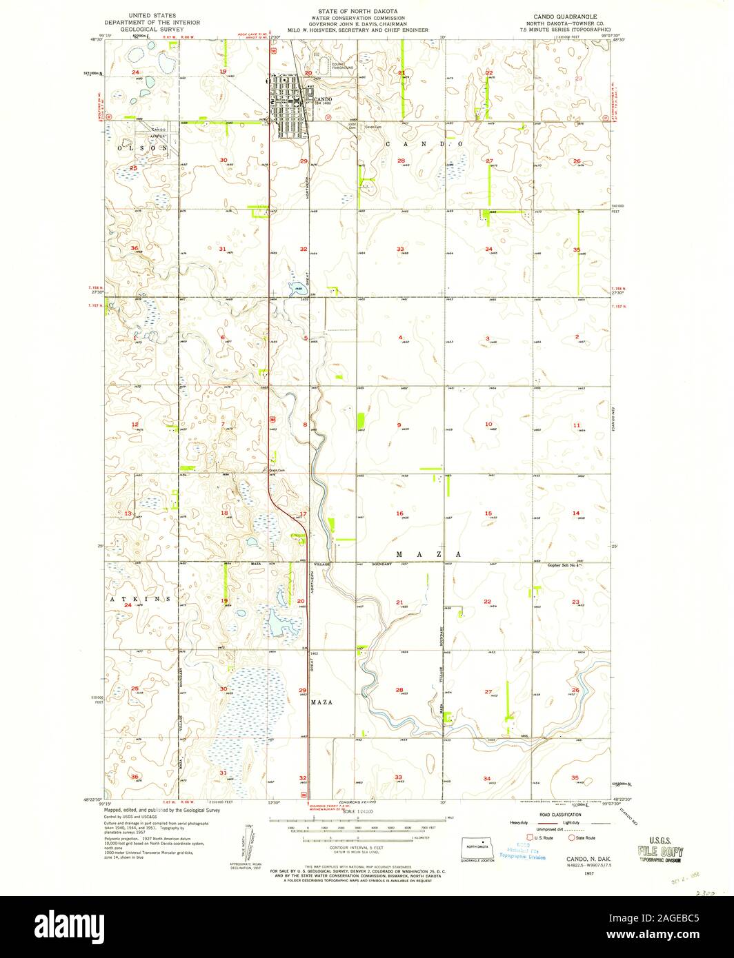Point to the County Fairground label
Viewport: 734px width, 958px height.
coord(342,67)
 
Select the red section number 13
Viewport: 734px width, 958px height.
coord(128,514)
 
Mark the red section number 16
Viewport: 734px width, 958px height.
coord(399,513)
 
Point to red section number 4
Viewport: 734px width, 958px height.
coord(400,337)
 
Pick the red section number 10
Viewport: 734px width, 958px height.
coord(488,424)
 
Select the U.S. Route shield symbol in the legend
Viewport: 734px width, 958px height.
coord(530,837)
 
